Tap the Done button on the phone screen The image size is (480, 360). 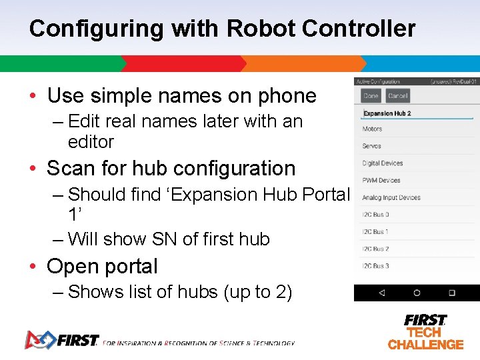coord(371,96)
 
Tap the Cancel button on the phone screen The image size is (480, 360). coord(397,96)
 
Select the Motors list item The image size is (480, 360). coord(372,129)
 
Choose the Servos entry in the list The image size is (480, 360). coord(371,146)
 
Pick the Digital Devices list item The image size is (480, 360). coord(382,163)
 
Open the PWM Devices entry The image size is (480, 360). coord(381,180)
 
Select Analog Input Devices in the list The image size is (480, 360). coord(391,197)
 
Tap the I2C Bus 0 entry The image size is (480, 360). coord(375,215)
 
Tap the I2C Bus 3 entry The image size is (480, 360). coord(375,266)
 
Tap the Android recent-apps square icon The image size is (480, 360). coord(451,293)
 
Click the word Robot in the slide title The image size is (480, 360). coord(261,29)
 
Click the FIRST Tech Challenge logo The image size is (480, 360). coord(425,332)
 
